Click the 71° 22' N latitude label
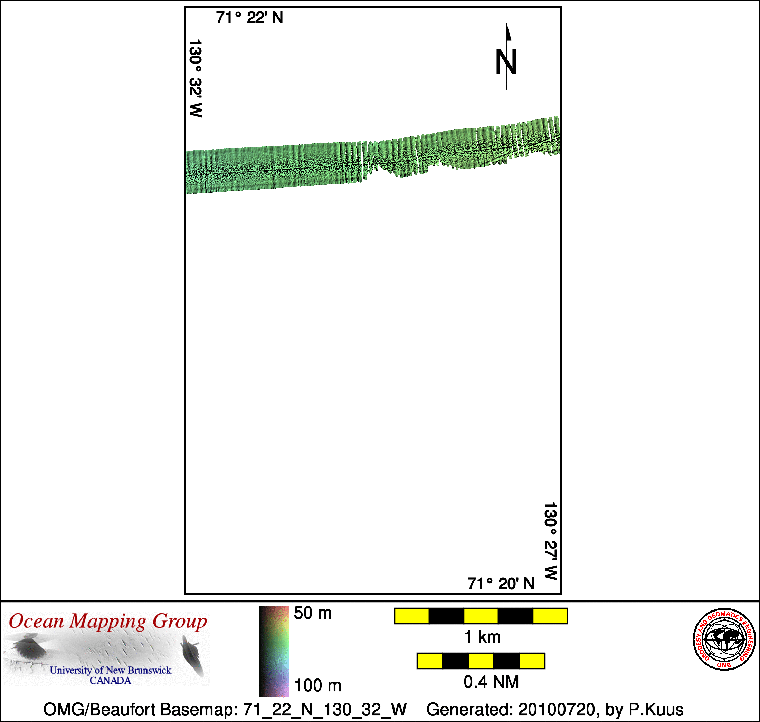pyautogui.click(x=249, y=18)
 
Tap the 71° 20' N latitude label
pyautogui.click(x=501, y=584)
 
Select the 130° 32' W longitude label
pyautogui.click(x=196, y=78)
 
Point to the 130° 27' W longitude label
pyautogui.click(x=551, y=541)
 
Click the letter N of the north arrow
pyautogui.click(x=506, y=61)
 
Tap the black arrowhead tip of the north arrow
pyautogui.click(x=506, y=23)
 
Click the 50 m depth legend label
pyautogui.click(x=313, y=614)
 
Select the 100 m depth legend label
pyautogui.click(x=317, y=685)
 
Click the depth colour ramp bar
pyautogui.click(x=274, y=652)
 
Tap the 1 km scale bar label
pyautogui.click(x=482, y=637)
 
